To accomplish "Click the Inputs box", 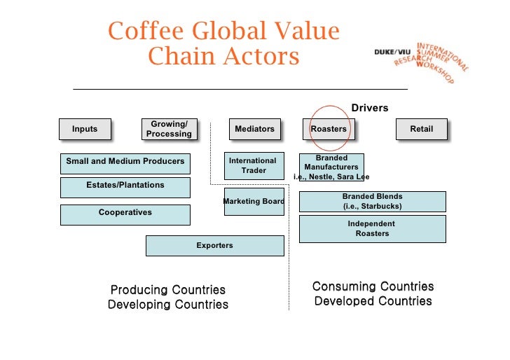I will click(x=85, y=130).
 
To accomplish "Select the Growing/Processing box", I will click(x=169, y=130).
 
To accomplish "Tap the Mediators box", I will click(x=254, y=130).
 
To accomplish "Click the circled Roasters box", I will click(x=329, y=130).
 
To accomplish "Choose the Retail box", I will click(x=421, y=130).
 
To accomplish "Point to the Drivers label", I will click(x=369, y=108).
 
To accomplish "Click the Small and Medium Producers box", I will click(x=125, y=162).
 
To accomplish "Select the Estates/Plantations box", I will click(x=125, y=186).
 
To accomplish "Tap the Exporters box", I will click(x=215, y=246).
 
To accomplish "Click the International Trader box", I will click(x=254, y=166).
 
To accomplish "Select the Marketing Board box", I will click(x=254, y=202).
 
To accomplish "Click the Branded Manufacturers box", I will click(x=331, y=167).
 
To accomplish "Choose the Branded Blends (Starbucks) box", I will click(x=372, y=202).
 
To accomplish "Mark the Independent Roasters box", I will click(x=372, y=229).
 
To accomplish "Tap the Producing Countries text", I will click(x=168, y=290).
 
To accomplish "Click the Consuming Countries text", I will click(x=373, y=286).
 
